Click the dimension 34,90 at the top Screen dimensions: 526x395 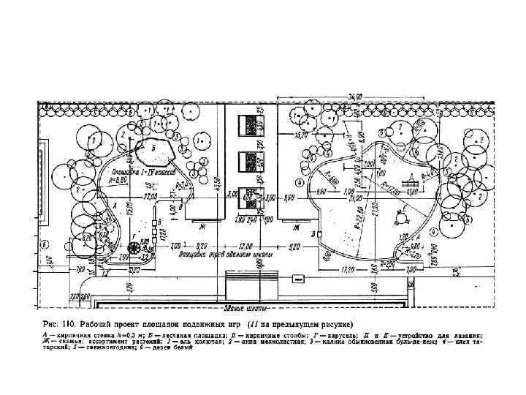click(355, 97)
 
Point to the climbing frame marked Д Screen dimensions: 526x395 click(413, 180)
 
